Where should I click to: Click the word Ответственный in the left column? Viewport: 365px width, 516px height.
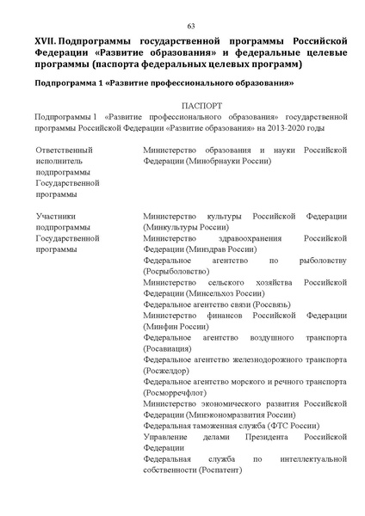pos(64,150)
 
